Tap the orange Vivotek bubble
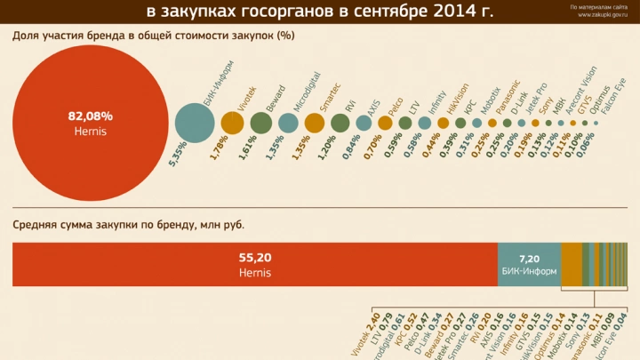pyautogui.click(x=232, y=123)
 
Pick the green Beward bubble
pyautogui.click(x=260, y=123)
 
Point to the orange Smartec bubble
pyautogui.click(x=315, y=123)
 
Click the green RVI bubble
pyautogui.click(x=340, y=123)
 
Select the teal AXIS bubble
pyautogui.click(x=364, y=123)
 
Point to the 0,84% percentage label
pyautogui.click(x=353, y=145)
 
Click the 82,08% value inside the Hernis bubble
pyautogui.click(x=90, y=116)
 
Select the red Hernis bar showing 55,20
pyautogui.click(x=254, y=264)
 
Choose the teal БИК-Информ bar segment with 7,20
pyautogui.click(x=529, y=264)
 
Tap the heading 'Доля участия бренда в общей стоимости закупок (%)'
pyautogui.click(x=153, y=36)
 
